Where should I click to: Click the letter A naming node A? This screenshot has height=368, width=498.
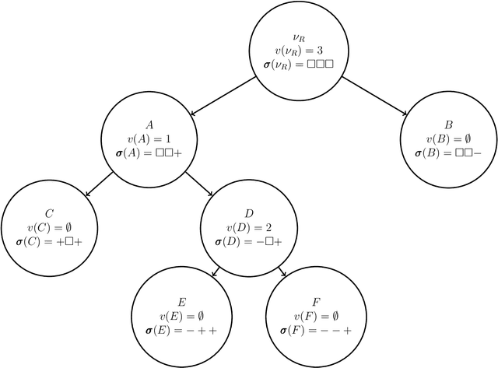click(x=149, y=124)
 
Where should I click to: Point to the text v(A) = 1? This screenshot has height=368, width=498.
click(x=149, y=139)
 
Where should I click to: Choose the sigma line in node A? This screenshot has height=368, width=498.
click(x=149, y=154)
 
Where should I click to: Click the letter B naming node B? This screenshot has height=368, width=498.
click(x=447, y=124)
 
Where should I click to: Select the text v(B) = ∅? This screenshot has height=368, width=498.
click(x=447, y=139)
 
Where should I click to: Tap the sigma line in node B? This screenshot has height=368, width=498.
click(x=447, y=154)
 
